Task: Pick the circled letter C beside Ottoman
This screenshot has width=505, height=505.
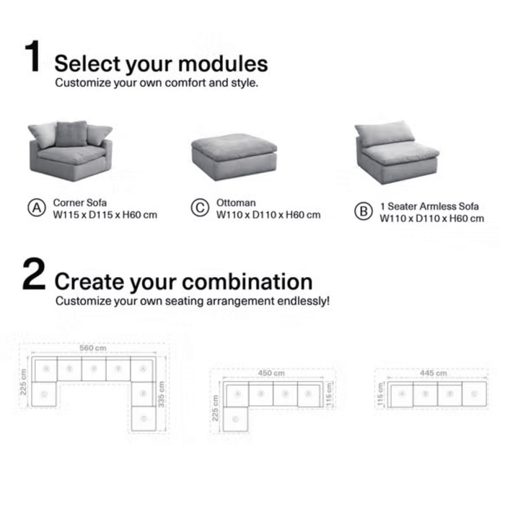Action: click(x=199, y=208)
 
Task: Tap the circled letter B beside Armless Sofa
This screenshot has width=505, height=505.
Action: click(x=362, y=212)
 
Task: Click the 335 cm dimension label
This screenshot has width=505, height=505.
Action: click(x=162, y=393)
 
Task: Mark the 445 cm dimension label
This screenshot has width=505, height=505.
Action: click(x=432, y=373)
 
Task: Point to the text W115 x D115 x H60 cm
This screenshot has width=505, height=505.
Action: click(x=105, y=214)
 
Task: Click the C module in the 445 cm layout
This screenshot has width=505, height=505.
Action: click(x=474, y=395)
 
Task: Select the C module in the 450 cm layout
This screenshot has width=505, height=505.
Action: click(x=235, y=419)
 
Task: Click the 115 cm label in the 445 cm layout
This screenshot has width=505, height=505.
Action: click(x=380, y=395)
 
